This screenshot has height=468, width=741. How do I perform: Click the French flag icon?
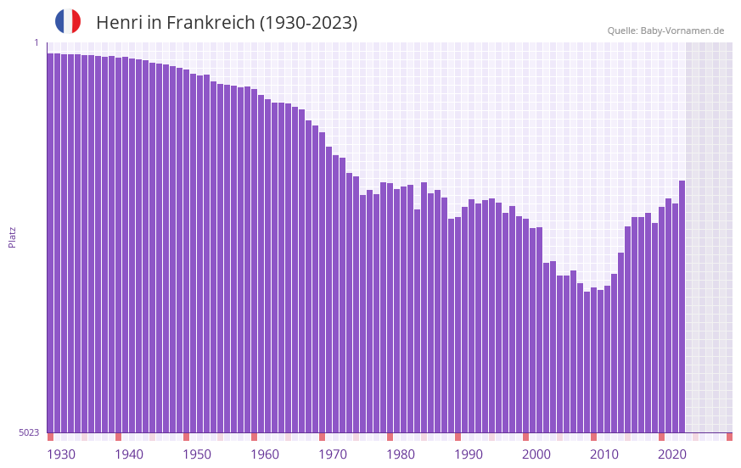tap(68, 22)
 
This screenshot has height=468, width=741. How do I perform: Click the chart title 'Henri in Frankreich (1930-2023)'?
tap(227, 23)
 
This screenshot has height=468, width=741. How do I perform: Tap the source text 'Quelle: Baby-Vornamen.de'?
tap(665, 31)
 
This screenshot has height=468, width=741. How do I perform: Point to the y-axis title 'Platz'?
tap(12, 237)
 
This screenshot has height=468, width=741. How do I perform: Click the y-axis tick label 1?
tap(36, 42)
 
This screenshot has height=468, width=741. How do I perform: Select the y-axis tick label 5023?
tap(29, 432)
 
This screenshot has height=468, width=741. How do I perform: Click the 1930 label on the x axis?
tap(61, 454)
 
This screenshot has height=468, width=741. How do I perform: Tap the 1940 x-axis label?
tap(129, 454)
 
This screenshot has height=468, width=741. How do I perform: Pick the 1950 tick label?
tap(197, 454)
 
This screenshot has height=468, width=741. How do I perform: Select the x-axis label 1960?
tap(265, 454)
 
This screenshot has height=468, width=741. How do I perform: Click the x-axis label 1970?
tap(333, 454)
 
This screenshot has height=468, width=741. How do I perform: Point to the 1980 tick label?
tap(401, 454)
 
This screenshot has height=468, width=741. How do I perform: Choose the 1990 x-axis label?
tap(469, 454)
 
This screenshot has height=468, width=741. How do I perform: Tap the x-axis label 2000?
tap(536, 454)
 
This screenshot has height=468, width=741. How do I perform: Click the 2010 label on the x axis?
tap(604, 454)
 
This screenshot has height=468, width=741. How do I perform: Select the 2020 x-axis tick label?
tap(672, 454)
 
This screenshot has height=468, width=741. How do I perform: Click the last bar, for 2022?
tap(682, 305)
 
